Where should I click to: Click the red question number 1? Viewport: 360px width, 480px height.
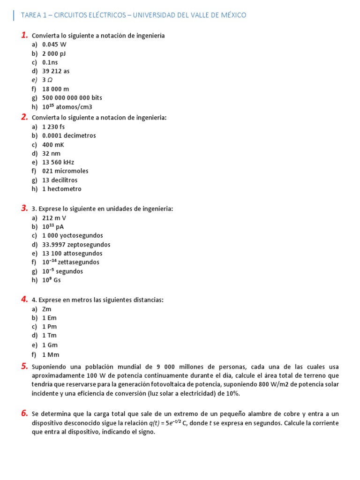(x=24, y=35)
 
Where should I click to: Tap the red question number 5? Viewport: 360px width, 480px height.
(x=24, y=366)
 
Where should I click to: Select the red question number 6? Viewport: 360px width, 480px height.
(x=24, y=413)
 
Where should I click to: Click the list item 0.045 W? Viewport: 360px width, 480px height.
(x=54, y=45)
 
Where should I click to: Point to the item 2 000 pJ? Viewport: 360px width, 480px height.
(x=54, y=53)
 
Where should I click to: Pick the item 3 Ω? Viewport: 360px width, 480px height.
(x=47, y=80)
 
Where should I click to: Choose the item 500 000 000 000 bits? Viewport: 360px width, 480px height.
(x=72, y=97)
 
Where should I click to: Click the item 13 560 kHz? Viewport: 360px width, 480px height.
(x=58, y=162)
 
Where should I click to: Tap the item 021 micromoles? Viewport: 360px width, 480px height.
(x=65, y=171)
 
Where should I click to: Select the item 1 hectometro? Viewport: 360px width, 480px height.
(x=61, y=189)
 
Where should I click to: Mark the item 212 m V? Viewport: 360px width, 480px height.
(x=54, y=218)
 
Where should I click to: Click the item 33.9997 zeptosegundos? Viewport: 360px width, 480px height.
(x=76, y=245)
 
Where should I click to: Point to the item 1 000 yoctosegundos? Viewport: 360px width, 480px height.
(x=72, y=236)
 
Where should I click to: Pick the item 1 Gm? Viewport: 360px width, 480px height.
(x=50, y=345)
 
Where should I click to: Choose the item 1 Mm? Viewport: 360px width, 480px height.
(x=51, y=355)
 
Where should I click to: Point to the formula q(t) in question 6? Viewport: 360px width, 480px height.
(x=155, y=423)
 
